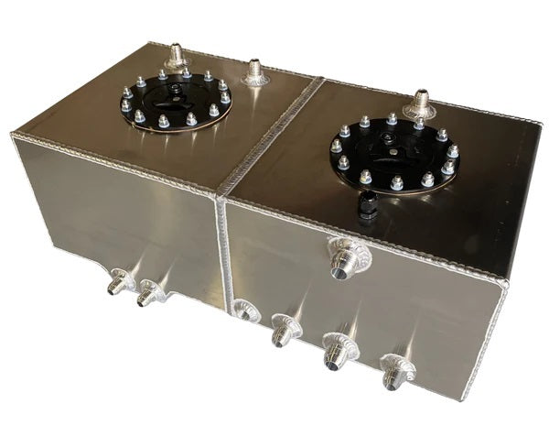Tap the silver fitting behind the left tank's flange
tap(175, 57)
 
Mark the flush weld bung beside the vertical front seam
tap(243, 311)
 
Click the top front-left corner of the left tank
tap(13, 136)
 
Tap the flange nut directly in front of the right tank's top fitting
tap(419, 125)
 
